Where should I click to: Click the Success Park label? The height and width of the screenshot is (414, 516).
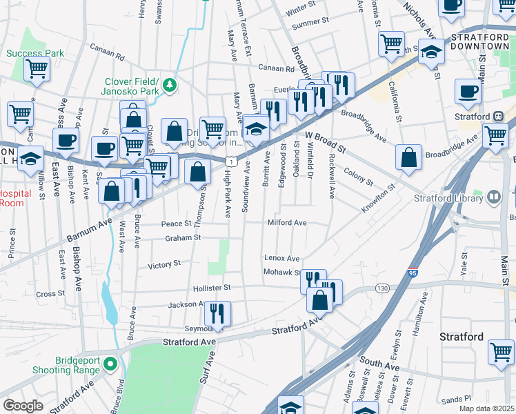pos(35,53)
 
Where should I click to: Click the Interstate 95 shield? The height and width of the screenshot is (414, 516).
pos(413,273)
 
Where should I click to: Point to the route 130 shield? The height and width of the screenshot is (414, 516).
pos(381,287)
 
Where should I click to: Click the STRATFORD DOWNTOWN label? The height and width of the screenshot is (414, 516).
pos(479,41)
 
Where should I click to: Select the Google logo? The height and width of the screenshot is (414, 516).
pos(23,406)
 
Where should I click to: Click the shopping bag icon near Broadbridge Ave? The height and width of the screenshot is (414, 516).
pos(409,157)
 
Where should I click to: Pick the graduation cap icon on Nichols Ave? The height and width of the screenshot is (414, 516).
pos(432,53)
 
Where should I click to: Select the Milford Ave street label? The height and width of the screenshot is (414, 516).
pos(287,223)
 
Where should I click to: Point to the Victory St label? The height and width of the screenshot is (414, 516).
pos(164,264)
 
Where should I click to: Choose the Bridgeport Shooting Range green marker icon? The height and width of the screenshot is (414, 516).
pos(117,364)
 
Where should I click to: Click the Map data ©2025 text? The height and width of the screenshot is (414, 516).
pos(486,408)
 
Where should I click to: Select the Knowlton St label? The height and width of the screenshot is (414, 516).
pos(378,198)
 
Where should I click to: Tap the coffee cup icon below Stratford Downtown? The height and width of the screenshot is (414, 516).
pos(468,92)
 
